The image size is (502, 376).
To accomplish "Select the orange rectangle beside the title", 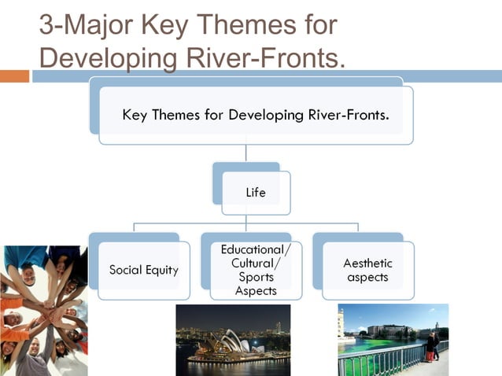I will pyautogui.click(x=14, y=76).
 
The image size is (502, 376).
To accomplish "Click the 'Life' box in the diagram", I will pyautogui.click(x=256, y=192).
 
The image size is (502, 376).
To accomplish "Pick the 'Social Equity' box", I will pyautogui.click(x=143, y=270).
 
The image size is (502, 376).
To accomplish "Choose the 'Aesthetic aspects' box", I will pyautogui.click(x=367, y=270).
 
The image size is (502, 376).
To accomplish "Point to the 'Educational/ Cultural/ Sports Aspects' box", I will pyautogui.click(x=256, y=270).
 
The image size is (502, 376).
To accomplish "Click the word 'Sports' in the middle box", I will pyautogui.click(x=256, y=277).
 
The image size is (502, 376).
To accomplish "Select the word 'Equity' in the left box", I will pyautogui.click(x=163, y=270).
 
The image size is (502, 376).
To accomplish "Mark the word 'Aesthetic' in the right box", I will pyautogui.click(x=367, y=263).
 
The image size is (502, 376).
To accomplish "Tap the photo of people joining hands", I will pyautogui.click(x=43, y=311).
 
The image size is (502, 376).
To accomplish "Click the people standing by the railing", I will pyautogui.click(x=431, y=345).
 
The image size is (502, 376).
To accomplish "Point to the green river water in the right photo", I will pyautogui.click(x=370, y=350).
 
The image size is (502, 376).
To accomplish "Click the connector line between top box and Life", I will pyautogui.click(x=246, y=153).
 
